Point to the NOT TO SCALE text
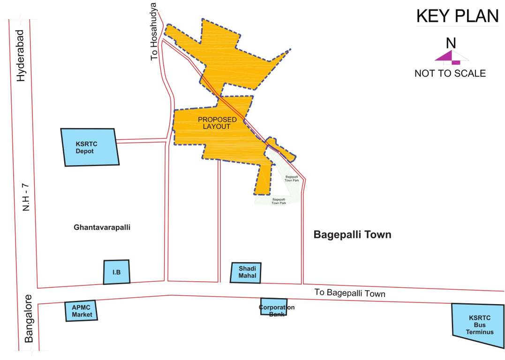(x=450, y=74)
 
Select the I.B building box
(x=116, y=272)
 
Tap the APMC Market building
(x=82, y=311)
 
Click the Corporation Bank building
(x=274, y=307)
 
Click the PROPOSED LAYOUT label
(x=217, y=123)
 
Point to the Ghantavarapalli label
(x=101, y=227)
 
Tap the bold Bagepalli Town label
(x=352, y=234)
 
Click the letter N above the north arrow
(x=451, y=43)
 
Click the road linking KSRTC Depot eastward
(x=142, y=140)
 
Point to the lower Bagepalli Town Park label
(x=279, y=201)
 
